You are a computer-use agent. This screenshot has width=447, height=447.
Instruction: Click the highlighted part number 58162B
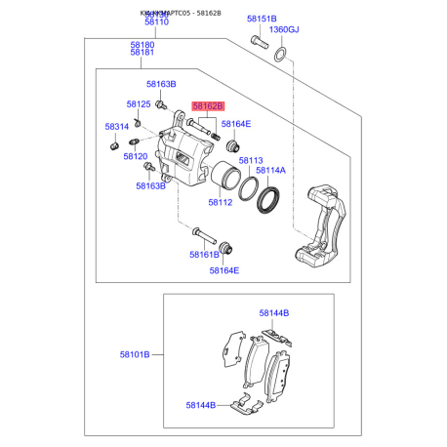coord(208,105)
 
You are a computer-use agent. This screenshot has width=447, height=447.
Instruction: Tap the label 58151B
coord(261,19)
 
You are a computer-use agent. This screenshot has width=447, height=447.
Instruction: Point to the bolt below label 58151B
coord(258,42)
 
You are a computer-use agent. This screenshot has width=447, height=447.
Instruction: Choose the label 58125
coord(138,104)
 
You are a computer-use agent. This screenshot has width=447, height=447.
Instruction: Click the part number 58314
coord(117,127)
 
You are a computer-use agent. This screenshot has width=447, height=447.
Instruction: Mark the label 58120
coord(135,156)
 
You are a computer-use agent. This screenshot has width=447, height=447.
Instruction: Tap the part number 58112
coord(221,203)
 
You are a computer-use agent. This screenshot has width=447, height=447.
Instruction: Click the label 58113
coord(251,161)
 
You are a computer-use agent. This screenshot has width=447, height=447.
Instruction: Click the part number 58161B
coord(205,255)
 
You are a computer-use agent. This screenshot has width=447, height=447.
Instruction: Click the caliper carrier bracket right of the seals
coord(323,223)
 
